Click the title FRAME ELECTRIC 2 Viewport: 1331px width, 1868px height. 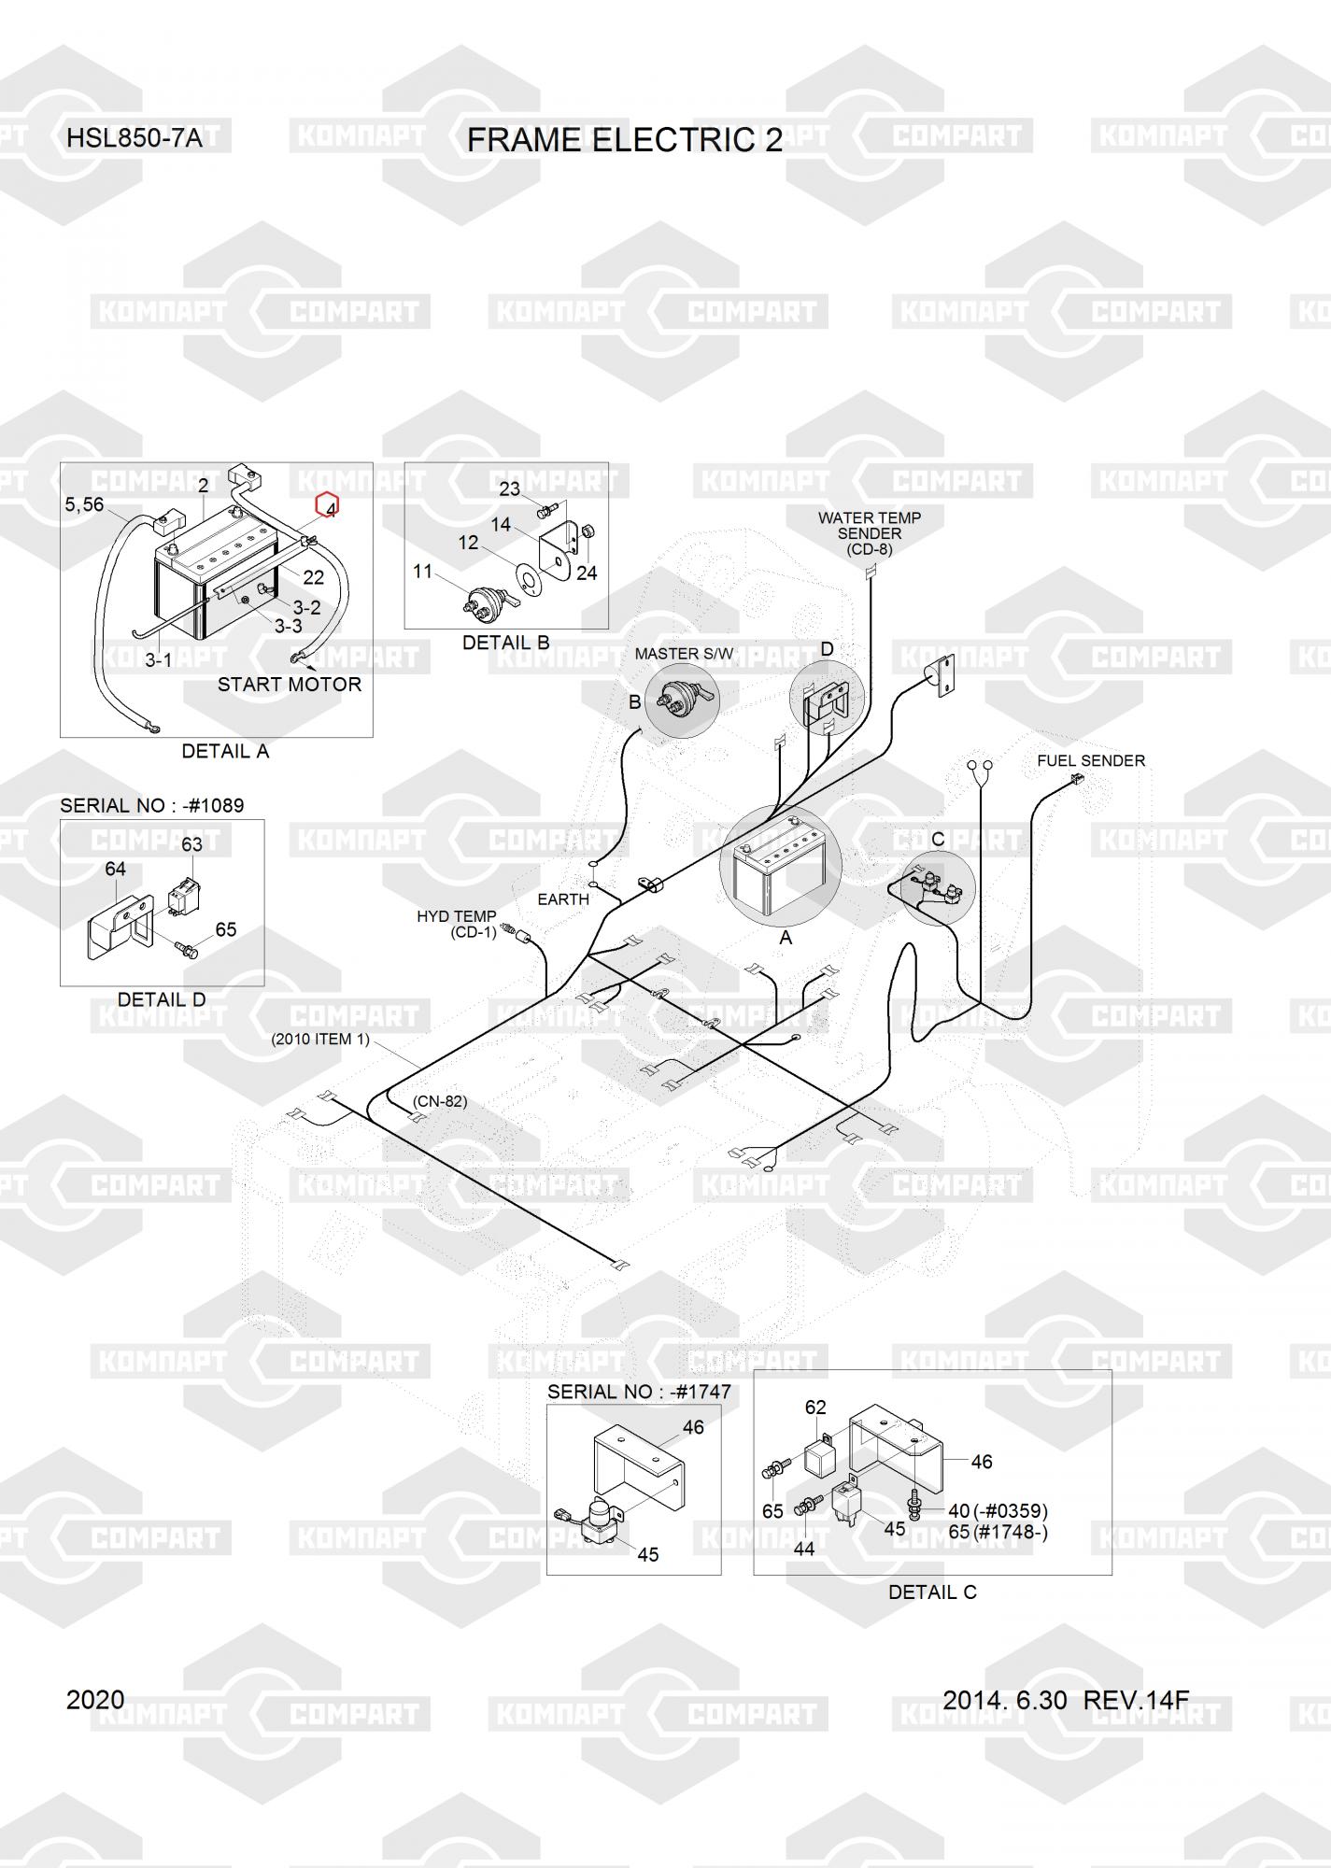point(625,140)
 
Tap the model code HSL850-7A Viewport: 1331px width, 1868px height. point(135,139)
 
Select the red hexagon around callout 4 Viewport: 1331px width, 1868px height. point(328,505)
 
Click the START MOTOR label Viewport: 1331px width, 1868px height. point(290,684)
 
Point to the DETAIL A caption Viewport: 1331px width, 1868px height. point(225,751)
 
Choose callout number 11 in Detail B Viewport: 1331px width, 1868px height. point(423,571)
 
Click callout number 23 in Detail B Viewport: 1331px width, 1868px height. point(509,488)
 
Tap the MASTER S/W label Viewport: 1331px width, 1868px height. point(684,654)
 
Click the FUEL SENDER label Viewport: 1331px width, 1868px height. point(1091,761)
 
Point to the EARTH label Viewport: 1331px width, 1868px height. point(563,899)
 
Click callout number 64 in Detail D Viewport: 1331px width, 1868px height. point(115,869)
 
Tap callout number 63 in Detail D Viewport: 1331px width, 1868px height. point(191,844)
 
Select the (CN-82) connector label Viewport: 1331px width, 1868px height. point(440,1101)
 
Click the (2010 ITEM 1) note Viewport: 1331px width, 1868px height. point(320,1039)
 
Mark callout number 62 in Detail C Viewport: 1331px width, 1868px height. point(816,1407)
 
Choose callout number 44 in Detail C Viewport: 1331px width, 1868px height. point(804,1549)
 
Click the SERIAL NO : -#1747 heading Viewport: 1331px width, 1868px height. point(639,1392)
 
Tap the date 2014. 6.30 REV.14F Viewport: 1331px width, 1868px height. point(1066,1700)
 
